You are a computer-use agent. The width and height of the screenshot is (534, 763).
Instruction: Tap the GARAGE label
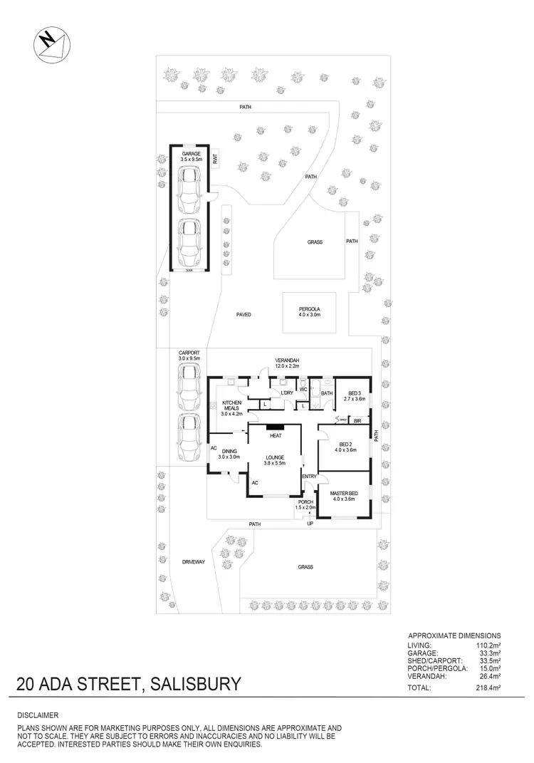tap(190, 154)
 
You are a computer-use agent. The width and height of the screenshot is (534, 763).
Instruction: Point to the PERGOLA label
tap(310, 309)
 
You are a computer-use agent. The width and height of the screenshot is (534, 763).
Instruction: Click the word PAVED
tap(244, 313)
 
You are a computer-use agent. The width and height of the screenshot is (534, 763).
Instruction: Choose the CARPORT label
tap(189, 353)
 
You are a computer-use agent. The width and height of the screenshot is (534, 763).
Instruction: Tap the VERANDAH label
tap(288, 360)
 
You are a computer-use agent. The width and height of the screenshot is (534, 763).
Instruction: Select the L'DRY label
tap(287, 393)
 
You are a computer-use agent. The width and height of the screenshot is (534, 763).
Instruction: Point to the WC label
tap(303, 389)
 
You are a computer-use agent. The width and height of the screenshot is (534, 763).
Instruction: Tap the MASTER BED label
tap(345, 494)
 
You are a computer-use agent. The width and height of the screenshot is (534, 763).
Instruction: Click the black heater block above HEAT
tap(275, 428)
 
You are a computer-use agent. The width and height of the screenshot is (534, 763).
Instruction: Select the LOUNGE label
tap(275, 457)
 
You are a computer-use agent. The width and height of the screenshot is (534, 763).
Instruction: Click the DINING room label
tap(229, 451)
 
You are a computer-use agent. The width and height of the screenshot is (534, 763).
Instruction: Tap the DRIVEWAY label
tap(193, 561)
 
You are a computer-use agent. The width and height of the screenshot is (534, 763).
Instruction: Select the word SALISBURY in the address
tap(193, 685)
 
